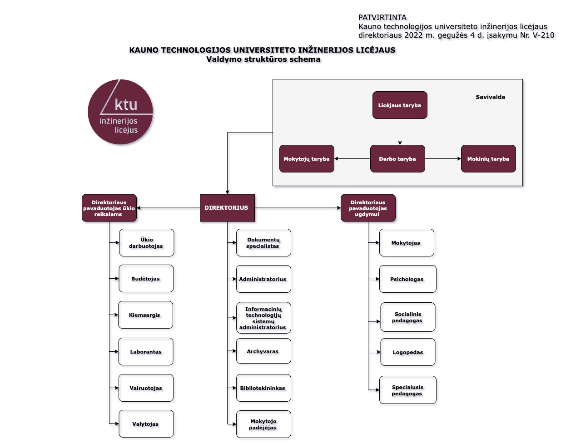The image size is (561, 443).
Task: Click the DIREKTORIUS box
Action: click(227, 208)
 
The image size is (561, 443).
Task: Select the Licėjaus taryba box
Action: click(400, 105)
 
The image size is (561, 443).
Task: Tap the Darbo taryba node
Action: click(397, 159)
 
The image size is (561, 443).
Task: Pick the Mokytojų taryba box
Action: click(307, 159)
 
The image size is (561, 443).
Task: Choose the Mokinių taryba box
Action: click(488, 159)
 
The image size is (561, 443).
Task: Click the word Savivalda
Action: click(490, 97)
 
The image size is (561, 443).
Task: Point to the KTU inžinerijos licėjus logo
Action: click(120, 112)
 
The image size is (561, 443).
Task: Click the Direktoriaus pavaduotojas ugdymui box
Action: click(368, 208)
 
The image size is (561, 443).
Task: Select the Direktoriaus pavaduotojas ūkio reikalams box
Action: click(109, 208)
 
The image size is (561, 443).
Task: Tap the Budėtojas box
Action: click(146, 279)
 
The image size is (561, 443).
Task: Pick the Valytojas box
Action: click(146, 424)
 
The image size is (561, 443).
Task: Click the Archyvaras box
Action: click(263, 351)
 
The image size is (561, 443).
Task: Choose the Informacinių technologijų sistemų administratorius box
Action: click(263, 318)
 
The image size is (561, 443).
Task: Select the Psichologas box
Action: click(408, 279)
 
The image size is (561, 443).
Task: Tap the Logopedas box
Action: click(408, 352)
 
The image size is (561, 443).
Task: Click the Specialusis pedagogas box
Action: click(408, 390)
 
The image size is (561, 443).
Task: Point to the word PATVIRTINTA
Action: click(382, 17)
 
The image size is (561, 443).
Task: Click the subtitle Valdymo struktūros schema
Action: click(263, 59)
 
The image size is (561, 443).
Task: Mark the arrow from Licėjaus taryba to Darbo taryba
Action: click(400, 132)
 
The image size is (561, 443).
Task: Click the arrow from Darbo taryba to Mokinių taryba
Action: click(443, 159)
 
